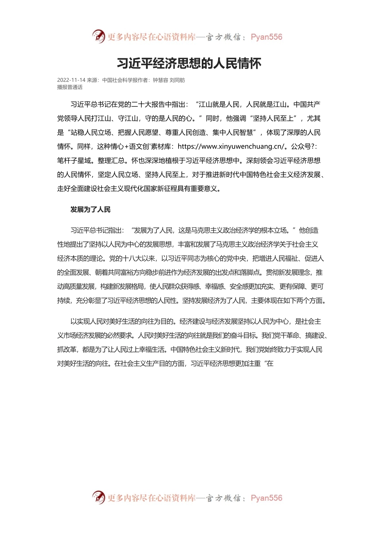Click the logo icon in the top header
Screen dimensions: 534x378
98,37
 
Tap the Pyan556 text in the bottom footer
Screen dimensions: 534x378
266,498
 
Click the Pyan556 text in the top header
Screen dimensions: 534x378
266,37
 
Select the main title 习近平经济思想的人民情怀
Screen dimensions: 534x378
189,63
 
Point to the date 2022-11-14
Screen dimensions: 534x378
71,80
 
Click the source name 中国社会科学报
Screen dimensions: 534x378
119,80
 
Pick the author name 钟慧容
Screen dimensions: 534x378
160,80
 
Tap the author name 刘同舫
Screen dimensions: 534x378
177,80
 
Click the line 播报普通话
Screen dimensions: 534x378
70,87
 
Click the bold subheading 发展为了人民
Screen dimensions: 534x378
90,209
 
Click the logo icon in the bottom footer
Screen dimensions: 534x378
98,497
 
